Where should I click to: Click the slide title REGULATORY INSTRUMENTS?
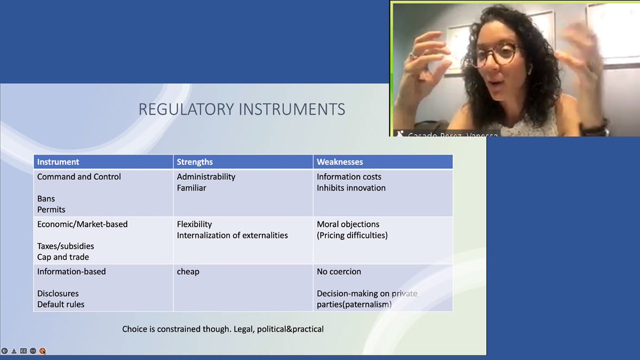pos(242,109)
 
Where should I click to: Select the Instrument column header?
pos(58,162)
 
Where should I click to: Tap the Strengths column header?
pos(195,162)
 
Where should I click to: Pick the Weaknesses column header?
pos(340,162)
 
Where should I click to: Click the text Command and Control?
pos(79,177)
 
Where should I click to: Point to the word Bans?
pos(46,199)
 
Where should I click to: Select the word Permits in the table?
pos(51,210)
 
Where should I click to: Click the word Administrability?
pos(206,177)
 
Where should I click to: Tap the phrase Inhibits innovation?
pos(351,188)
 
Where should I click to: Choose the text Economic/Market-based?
pos(82,224)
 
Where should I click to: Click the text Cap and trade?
pos(63,257)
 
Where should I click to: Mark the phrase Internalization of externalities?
pos(232,235)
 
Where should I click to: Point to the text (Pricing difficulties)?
pos(352,235)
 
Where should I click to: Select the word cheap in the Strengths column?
pos(188,271)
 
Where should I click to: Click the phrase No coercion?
pos(339,271)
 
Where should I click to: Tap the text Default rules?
pos(61,305)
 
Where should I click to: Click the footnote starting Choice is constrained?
pos(223,329)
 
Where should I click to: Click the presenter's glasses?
pos(495,55)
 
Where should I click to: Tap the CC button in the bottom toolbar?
pos(23,351)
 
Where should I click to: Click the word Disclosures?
pos(58,293)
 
